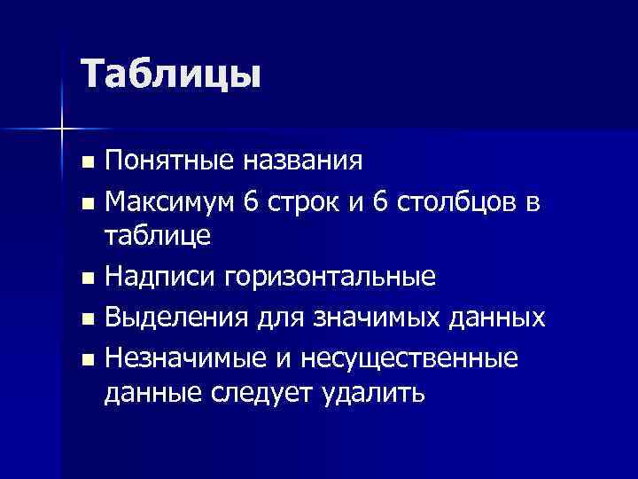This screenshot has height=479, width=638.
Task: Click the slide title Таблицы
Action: click(171, 74)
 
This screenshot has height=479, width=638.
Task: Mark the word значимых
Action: click(402, 318)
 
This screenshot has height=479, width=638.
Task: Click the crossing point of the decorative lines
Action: click(62, 130)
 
